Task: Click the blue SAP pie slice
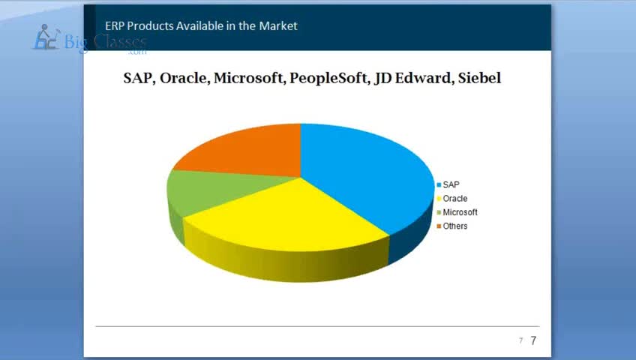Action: pos(365,174)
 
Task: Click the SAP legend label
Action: pos(451,184)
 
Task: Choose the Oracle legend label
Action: pos(455,199)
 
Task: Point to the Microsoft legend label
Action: pos(460,212)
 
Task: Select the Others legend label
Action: pos(455,226)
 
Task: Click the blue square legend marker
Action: pos(439,185)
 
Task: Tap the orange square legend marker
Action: pos(439,226)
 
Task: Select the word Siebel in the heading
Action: pos(479,77)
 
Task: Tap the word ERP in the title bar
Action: pos(115,26)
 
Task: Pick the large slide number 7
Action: pos(533,340)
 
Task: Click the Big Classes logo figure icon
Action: pos(46,37)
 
